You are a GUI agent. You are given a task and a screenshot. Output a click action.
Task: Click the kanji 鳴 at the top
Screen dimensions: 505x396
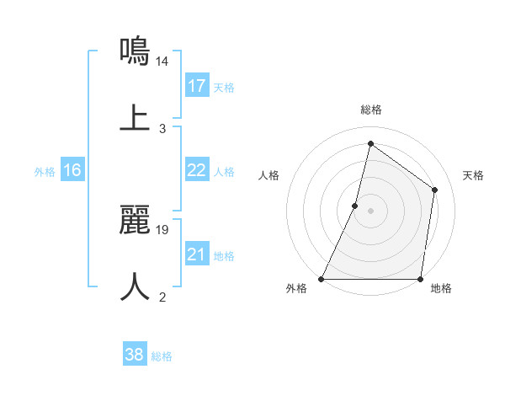coord(136,51)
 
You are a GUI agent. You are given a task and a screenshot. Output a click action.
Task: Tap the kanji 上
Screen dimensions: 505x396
coord(136,117)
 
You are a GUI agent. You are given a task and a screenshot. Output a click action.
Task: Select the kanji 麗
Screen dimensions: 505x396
coord(136,219)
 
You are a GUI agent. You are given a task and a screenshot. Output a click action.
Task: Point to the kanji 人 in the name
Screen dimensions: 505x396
coord(136,286)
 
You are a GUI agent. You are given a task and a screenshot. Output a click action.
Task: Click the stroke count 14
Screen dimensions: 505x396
coord(163,62)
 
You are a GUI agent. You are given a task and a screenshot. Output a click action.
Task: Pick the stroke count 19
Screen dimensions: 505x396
coord(163,229)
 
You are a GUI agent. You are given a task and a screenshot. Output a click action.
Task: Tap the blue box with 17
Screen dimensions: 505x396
coord(197,86)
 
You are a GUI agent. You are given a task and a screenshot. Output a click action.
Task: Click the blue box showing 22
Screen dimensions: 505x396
coord(197,170)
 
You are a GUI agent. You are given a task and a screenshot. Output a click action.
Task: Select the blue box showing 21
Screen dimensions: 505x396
coord(197,254)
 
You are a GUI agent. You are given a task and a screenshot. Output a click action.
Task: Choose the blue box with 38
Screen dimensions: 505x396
coord(135,355)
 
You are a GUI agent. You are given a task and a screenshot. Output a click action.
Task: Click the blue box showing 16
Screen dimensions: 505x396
coord(72,170)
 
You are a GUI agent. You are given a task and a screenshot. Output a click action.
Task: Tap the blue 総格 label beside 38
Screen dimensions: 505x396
coord(162,356)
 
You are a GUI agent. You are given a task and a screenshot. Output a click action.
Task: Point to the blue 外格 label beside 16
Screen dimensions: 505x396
coord(45,171)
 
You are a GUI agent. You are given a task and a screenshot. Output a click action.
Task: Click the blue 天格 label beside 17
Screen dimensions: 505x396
coord(224,87)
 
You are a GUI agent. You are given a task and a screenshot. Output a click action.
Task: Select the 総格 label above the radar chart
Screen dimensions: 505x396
coord(370,110)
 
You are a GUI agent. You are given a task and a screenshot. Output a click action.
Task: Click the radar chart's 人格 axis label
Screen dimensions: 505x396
coord(268,175)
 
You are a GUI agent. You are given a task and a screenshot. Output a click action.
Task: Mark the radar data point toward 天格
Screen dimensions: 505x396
coord(435,190)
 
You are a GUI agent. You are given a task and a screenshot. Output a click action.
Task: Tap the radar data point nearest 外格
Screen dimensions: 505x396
coord(322,279)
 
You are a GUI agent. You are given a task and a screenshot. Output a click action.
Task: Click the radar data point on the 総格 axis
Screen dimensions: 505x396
coord(370,143)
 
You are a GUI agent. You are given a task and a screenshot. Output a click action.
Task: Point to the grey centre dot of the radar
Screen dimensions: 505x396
coord(370,211)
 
